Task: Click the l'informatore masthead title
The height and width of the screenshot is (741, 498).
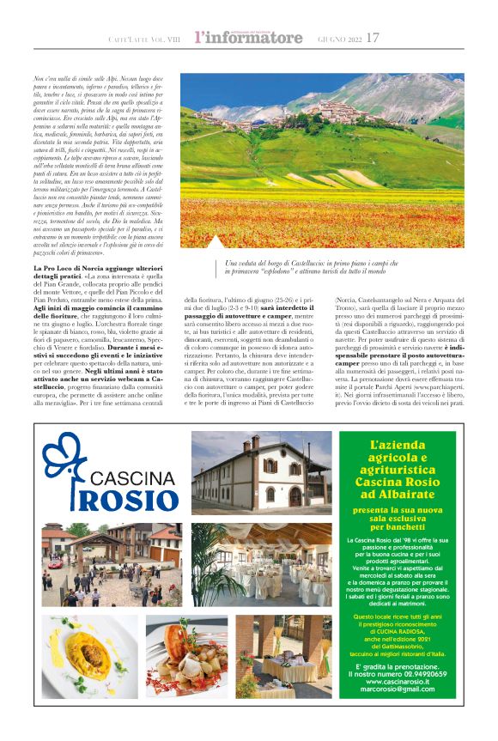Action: click(x=248, y=38)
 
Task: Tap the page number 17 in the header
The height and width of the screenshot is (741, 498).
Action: click(x=373, y=38)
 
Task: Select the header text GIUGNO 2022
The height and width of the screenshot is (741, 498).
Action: click(x=336, y=39)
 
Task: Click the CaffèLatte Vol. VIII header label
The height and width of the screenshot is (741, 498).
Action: click(x=145, y=39)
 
